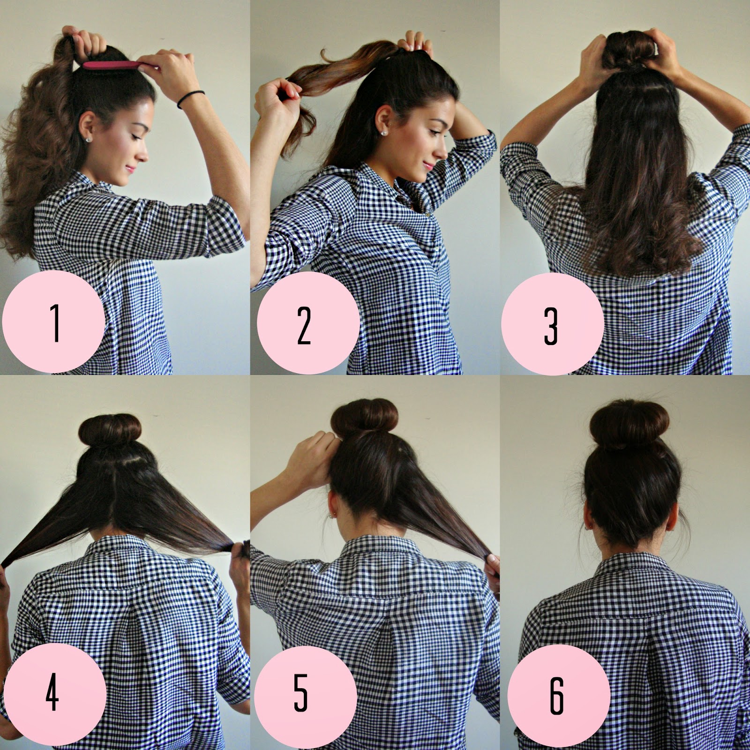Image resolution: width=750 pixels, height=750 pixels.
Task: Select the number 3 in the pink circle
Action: click(x=552, y=326)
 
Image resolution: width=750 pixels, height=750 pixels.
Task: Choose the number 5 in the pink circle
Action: click(x=300, y=695)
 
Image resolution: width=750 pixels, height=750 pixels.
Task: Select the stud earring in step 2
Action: click(x=384, y=132)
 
